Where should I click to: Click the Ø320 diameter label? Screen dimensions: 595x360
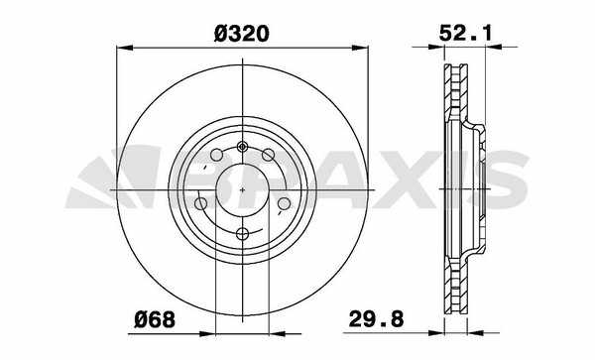pos(242,34)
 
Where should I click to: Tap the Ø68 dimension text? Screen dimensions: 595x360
pos(155,319)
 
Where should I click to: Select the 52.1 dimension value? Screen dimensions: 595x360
pos(465,33)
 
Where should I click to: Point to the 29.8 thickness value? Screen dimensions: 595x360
pos(376,318)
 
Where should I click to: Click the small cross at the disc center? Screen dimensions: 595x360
pos(243,189)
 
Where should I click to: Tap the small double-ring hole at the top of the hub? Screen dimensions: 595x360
pos(243,147)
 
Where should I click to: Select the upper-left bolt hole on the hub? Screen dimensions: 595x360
pos(216,155)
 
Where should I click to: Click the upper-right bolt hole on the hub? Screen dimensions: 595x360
pos(269,155)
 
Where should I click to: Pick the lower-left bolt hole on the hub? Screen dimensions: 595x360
pos(200,203)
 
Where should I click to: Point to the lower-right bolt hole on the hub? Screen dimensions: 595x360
pos(285,203)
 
